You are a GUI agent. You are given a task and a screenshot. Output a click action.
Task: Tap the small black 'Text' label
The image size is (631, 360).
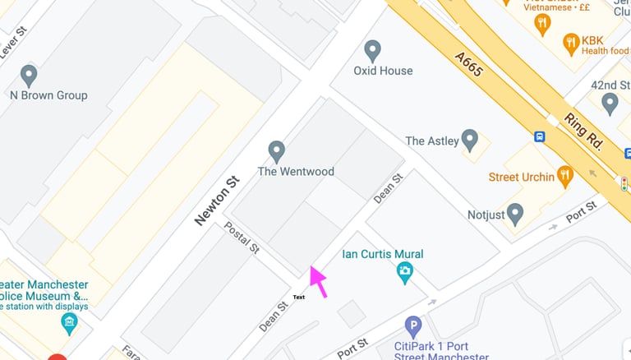299,297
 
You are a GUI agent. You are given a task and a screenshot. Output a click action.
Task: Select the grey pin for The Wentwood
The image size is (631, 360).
277,151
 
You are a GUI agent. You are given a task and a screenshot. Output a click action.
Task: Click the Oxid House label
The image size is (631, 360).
383,71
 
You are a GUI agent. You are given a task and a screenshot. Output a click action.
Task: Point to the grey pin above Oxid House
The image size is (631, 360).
373,50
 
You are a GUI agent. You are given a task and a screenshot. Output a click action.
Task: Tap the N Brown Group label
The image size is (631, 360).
48,95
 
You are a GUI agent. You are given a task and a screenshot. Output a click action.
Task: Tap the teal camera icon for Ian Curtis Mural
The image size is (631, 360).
404,272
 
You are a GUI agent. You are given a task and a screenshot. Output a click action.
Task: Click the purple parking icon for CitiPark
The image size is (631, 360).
413,325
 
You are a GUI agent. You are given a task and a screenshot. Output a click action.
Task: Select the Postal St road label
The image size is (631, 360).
242,237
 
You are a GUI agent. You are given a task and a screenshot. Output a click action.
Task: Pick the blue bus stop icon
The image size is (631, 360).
540,137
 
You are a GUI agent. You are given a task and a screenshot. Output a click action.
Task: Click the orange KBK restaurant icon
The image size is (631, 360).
570,42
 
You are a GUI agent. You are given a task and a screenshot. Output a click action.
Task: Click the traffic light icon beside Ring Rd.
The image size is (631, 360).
624,184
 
